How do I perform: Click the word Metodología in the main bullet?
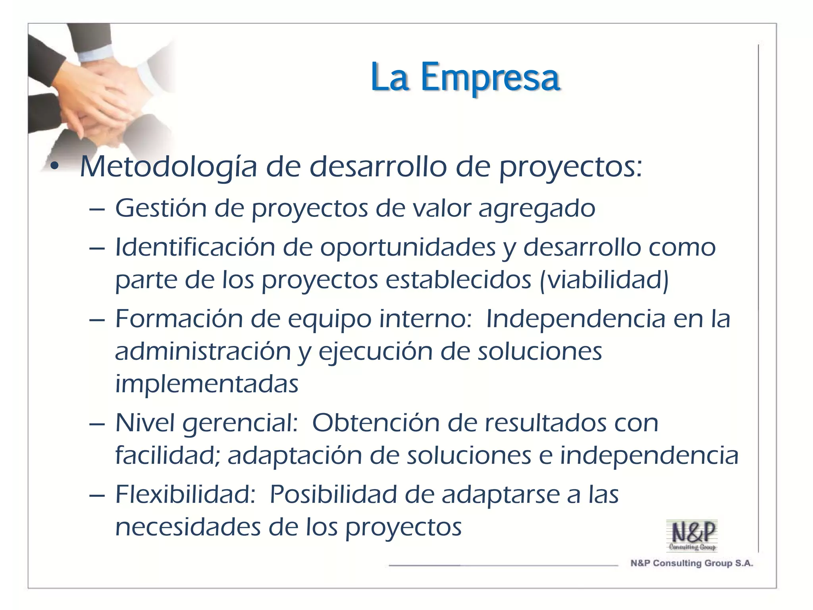coord(168,167)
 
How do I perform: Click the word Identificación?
coord(195,247)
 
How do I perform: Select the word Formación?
coord(178,319)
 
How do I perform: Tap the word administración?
coord(203,351)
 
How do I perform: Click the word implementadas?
coord(206,384)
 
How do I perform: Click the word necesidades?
coord(187,527)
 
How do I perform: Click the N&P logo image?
coord(692,535)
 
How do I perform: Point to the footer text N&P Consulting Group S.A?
coord(692,563)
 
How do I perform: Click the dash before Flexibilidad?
coord(97,496)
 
